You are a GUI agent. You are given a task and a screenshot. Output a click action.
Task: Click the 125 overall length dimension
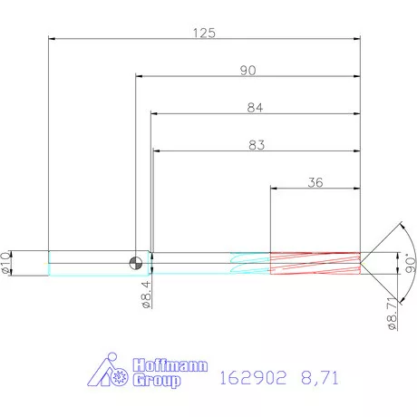pos(204,33)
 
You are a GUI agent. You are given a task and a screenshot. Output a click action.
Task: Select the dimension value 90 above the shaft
pos(247,71)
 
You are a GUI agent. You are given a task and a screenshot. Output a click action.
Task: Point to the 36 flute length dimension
pos(315,182)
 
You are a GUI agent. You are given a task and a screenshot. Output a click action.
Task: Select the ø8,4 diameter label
pos(146,296)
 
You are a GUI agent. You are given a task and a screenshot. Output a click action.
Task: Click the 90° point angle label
pos(409,264)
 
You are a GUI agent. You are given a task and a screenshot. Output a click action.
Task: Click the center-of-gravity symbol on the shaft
pos(135,263)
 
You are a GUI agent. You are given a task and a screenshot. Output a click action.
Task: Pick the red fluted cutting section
pos(315,263)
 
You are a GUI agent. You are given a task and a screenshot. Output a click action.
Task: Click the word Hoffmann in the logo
pos(170,365)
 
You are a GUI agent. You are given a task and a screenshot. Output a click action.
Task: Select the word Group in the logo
pos(158,381)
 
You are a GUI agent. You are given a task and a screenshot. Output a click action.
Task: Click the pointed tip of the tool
pos(368,263)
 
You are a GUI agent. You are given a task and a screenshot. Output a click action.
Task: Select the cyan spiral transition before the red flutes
pos(250,263)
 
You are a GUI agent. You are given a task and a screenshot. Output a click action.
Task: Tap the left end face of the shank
pos(48,263)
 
